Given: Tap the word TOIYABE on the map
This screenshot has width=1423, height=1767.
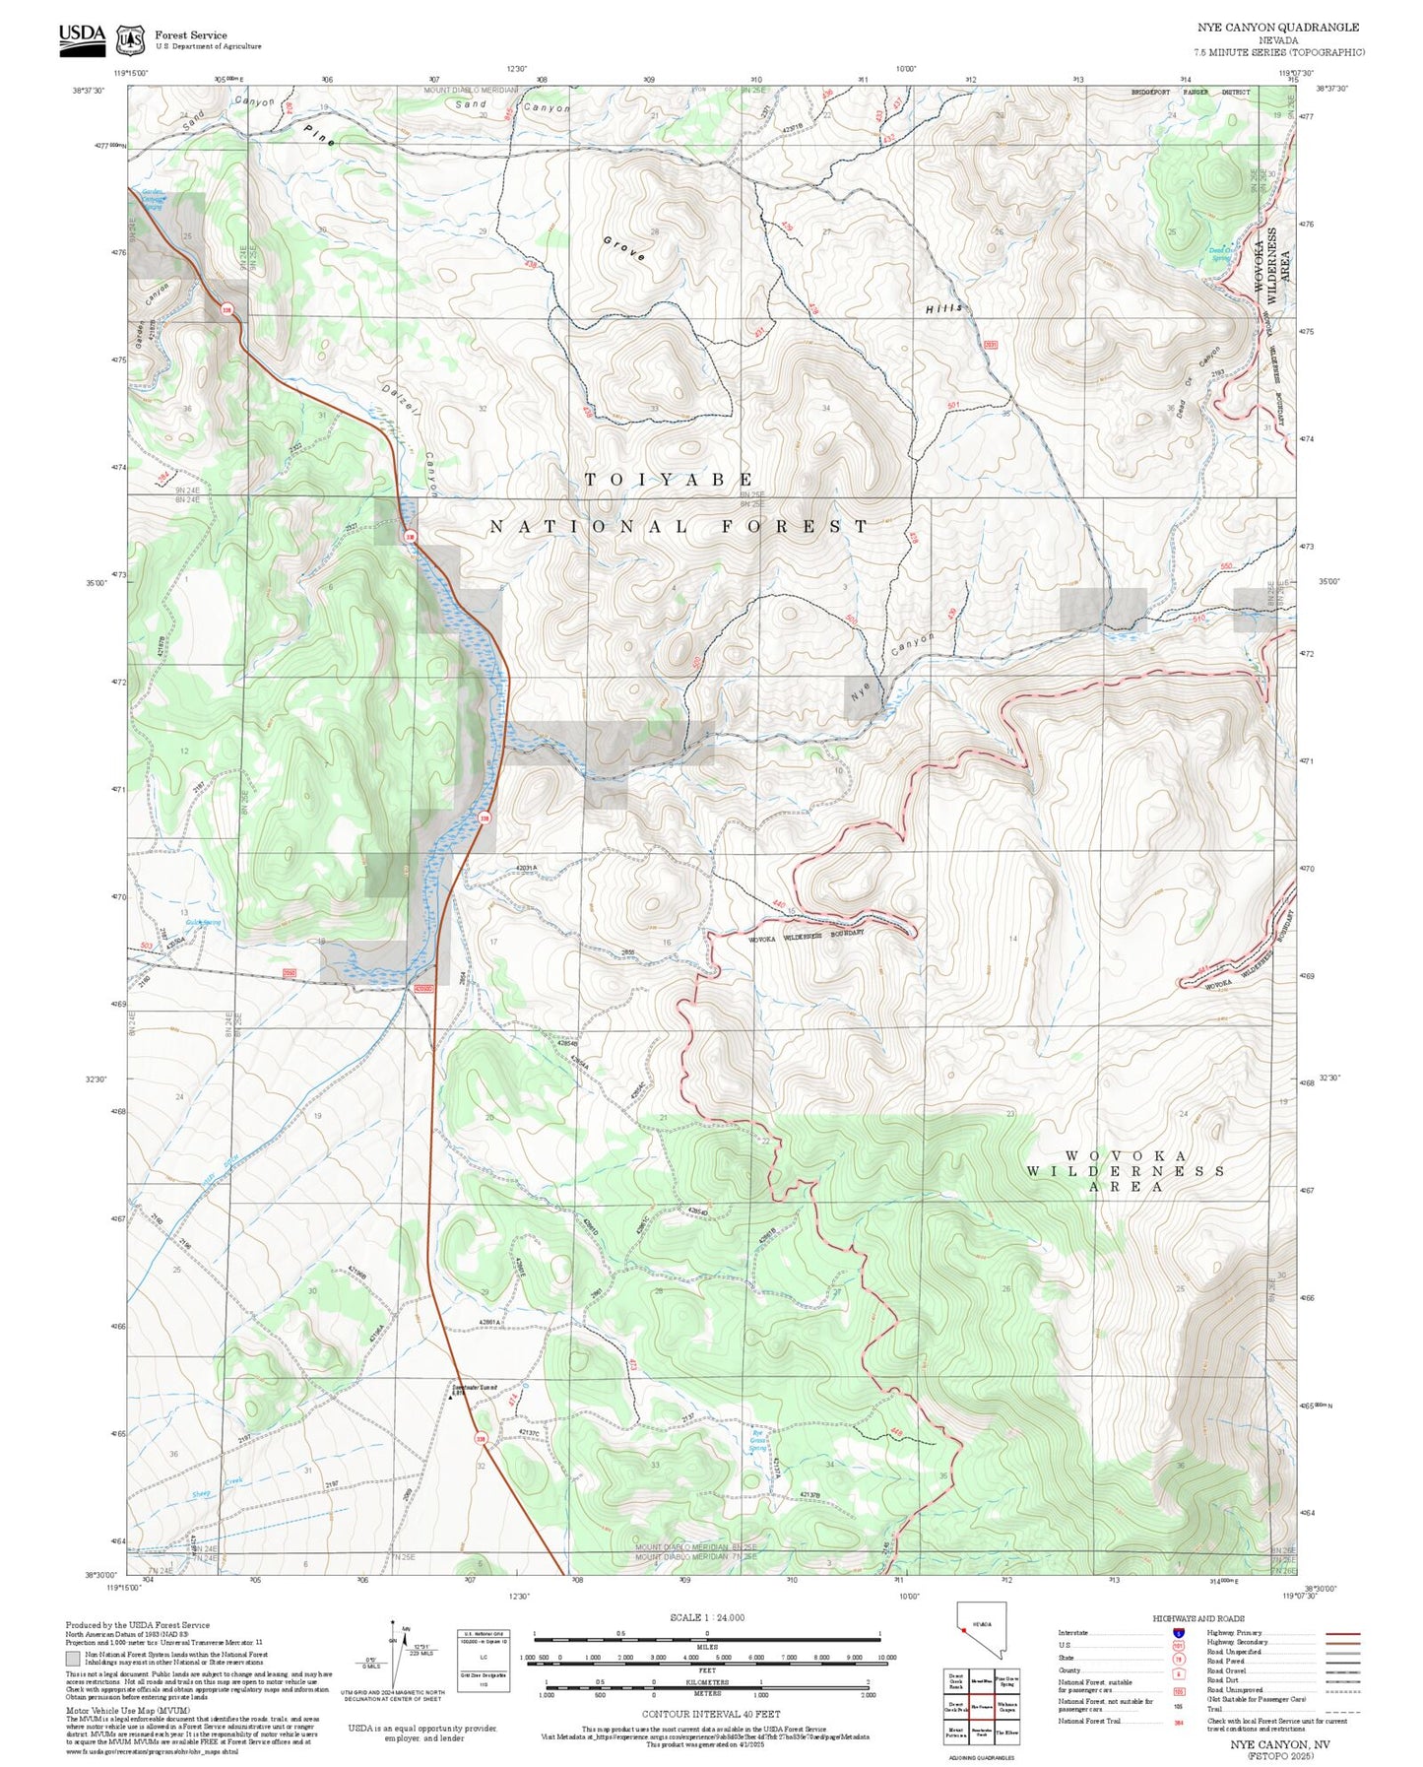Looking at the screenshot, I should pos(669,480).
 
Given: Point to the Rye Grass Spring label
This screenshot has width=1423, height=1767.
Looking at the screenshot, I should pos(758,1441).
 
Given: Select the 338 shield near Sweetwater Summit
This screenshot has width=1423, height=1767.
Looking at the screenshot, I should pos(482,1439).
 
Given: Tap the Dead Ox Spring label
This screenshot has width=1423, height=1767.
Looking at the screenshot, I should pos(1221,253).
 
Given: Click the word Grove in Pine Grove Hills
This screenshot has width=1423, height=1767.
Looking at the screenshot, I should pos(624,248).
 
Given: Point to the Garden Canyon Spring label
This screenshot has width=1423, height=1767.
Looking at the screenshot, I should pos(152,198).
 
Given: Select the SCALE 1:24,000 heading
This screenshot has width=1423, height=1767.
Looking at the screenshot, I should pos(707,1617).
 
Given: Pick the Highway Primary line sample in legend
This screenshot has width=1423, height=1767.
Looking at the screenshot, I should pos(1342,1633).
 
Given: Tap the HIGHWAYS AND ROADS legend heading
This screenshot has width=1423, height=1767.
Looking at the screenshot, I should pos(1198,1618).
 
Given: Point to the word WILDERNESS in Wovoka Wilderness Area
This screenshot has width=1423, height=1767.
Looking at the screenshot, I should pos(1126,1171).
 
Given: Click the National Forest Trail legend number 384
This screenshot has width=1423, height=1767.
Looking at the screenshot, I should pos(1179,1722).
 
